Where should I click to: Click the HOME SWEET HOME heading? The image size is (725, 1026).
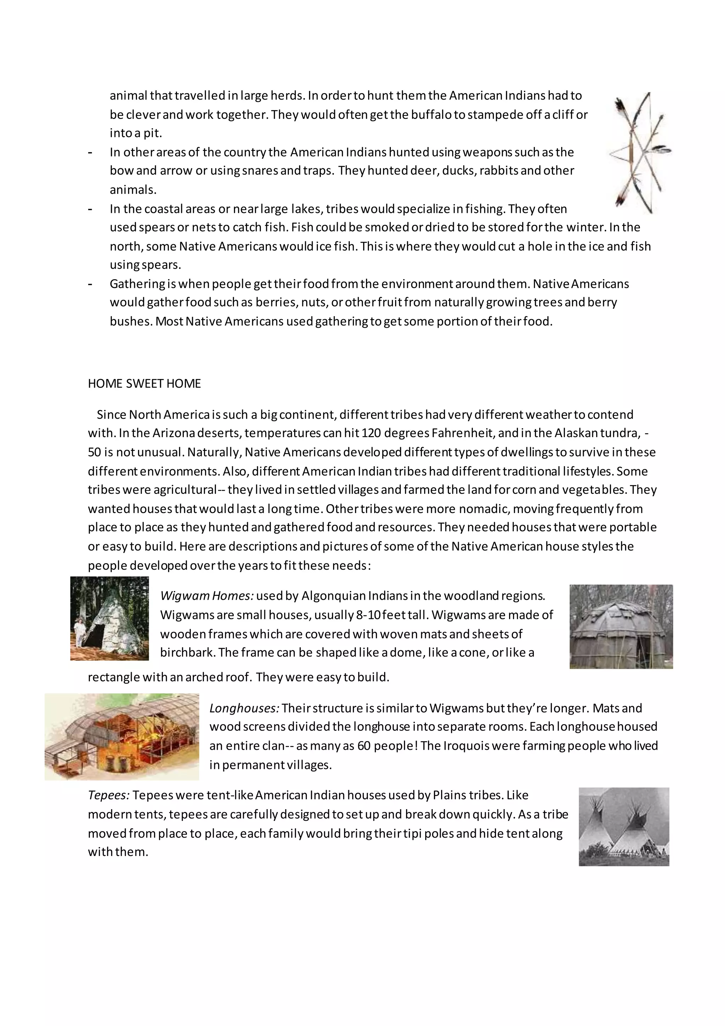(x=144, y=384)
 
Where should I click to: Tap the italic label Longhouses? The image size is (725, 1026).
(x=244, y=708)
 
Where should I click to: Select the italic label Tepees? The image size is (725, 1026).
(x=108, y=795)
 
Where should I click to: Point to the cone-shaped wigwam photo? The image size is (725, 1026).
(x=110, y=619)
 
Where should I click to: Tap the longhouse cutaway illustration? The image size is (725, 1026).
(x=122, y=737)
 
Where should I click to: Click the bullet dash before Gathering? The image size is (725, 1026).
(x=91, y=284)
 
